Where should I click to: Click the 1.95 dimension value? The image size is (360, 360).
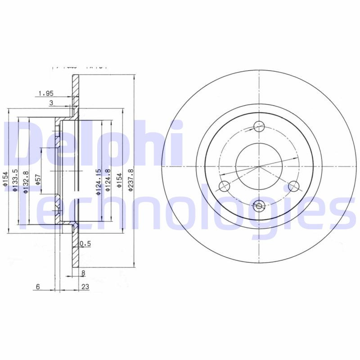click(46, 94)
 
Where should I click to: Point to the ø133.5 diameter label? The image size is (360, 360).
click(15, 181)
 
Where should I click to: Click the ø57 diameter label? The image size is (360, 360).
click(38, 179)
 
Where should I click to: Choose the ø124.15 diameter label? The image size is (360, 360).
click(97, 182)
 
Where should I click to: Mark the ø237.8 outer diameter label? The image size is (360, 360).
click(131, 180)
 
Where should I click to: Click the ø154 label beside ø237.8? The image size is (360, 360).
click(119, 180)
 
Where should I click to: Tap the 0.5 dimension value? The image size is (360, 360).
click(85, 244)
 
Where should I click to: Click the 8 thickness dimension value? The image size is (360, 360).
click(83, 273)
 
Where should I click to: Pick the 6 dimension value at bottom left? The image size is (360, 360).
click(38, 286)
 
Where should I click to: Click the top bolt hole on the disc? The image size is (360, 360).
click(259, 127)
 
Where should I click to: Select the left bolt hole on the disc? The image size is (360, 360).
click(224, 186)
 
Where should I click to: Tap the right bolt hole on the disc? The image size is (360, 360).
click(294, 186)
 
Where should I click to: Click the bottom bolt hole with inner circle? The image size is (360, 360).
click(259, 206)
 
